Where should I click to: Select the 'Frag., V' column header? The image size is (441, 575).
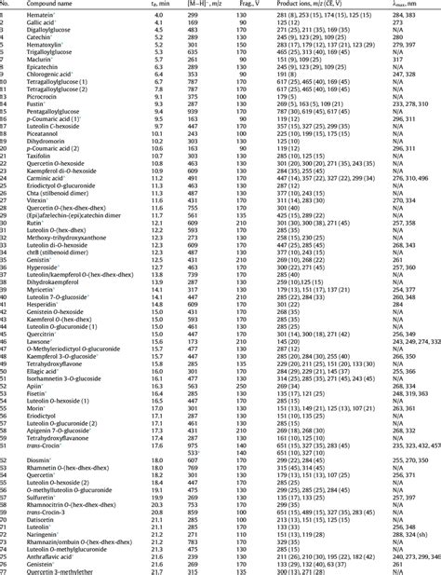coord(237,5)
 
